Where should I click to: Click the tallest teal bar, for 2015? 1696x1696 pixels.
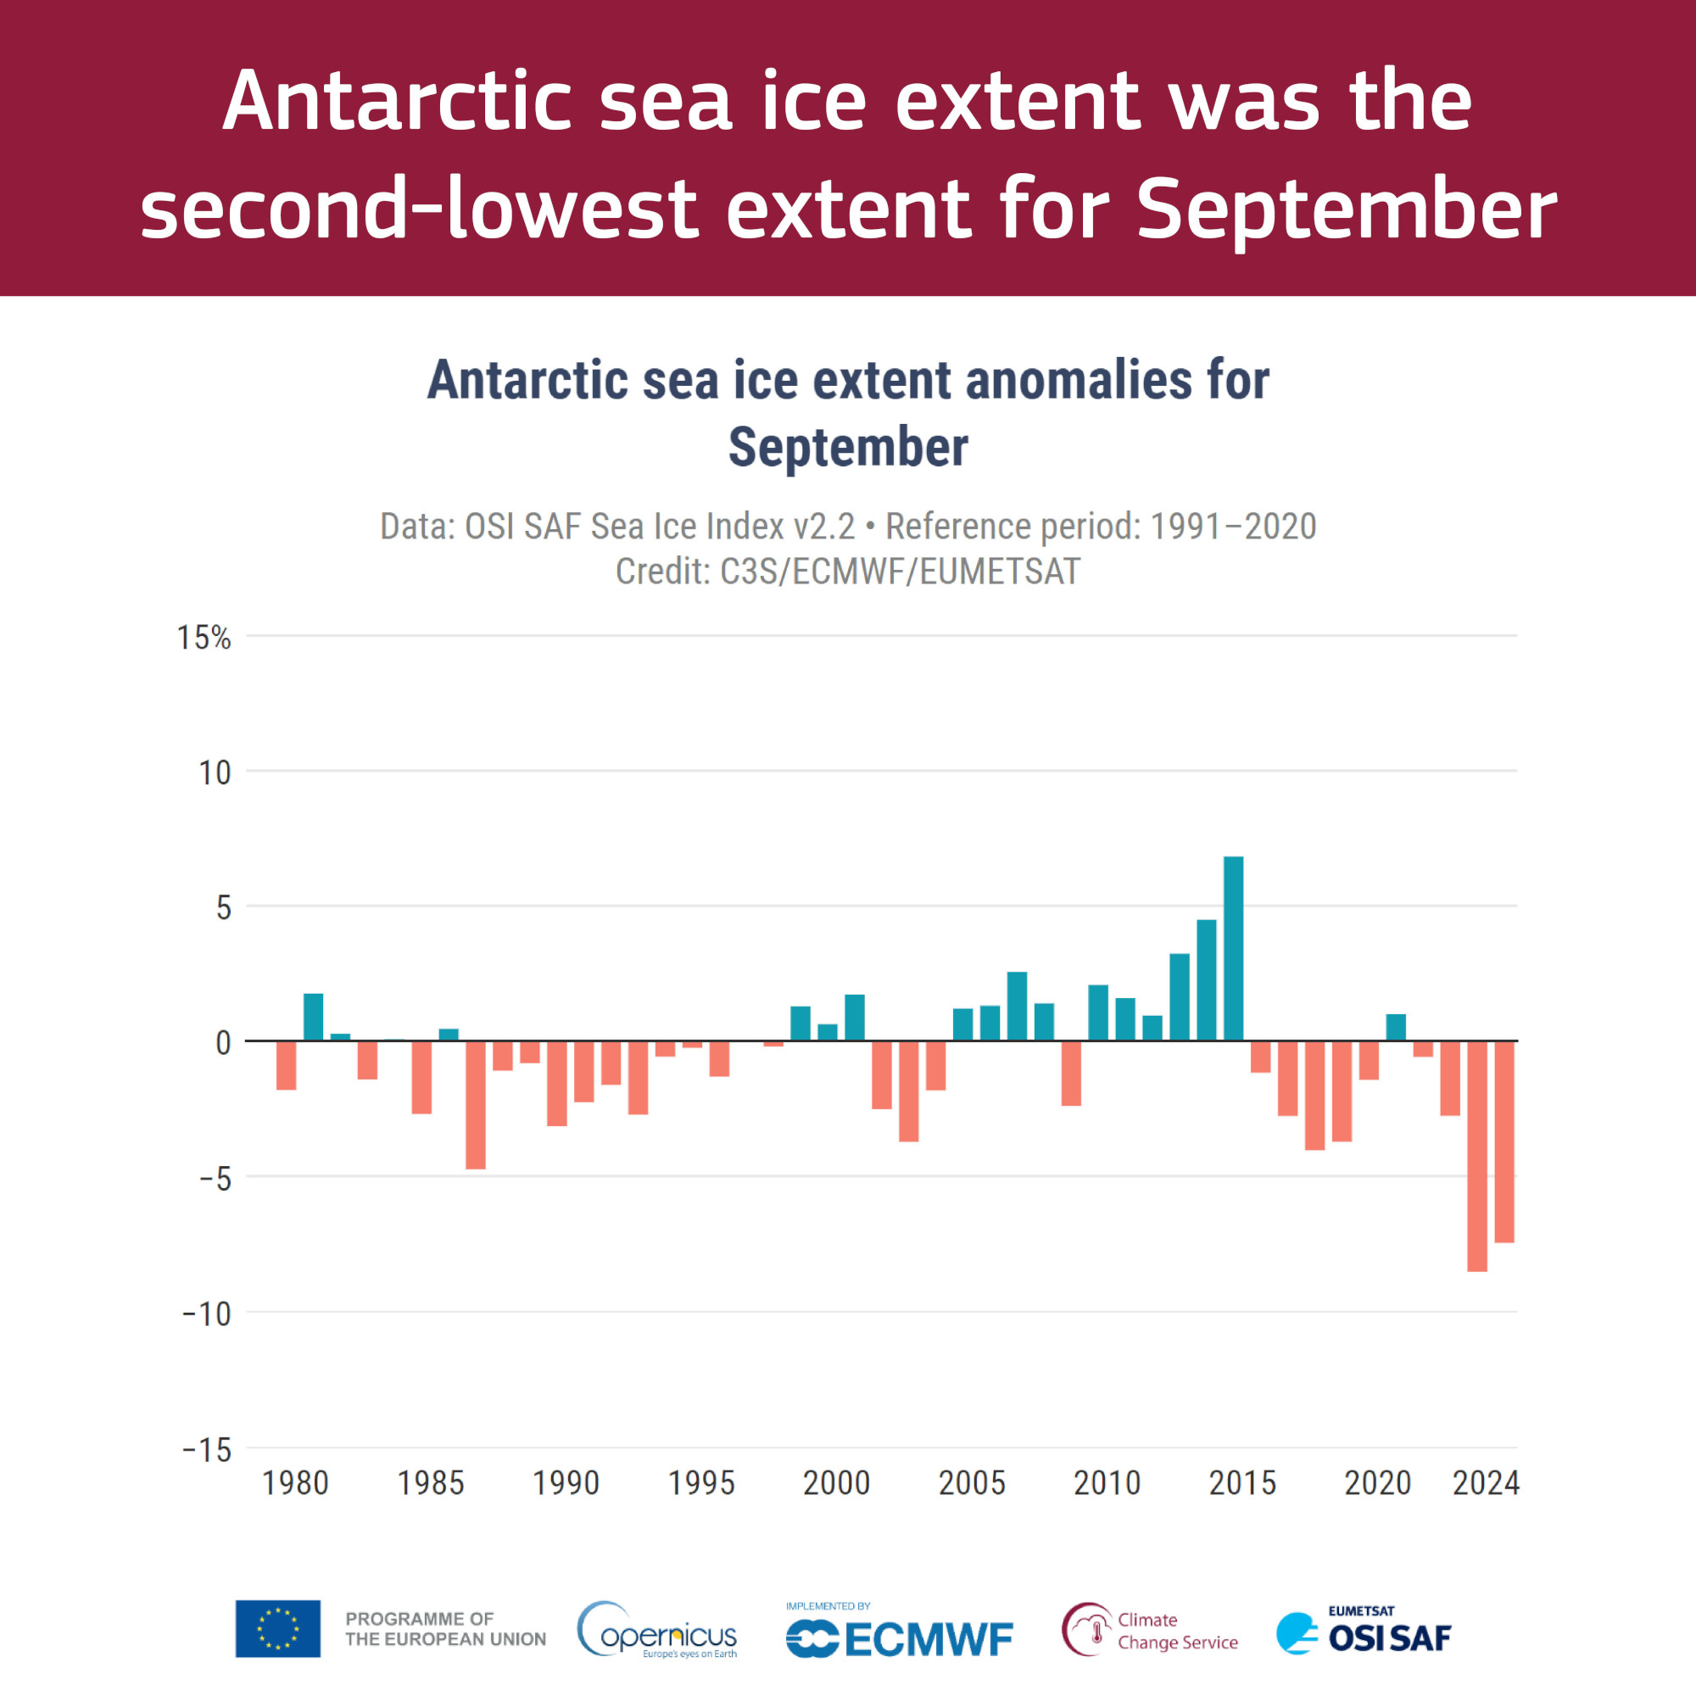(1233, 948)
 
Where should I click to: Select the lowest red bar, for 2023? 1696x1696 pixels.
(1476, 1155)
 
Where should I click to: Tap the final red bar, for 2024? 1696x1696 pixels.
(1504, 1141)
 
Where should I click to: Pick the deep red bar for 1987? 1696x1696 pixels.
(476, 1104)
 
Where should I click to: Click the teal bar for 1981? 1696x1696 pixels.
(314, 1017)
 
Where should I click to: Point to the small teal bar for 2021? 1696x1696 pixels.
(1396, 1027)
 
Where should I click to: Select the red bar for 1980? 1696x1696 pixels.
(286, 1065)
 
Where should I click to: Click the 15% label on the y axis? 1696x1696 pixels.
(204, 639)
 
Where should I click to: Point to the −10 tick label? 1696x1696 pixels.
(207, 1314)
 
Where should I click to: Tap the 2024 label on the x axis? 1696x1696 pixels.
(1486, 1482)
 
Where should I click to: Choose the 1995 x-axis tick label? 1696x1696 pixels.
(701, 1482)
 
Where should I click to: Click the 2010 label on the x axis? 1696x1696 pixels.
(1107, 1482)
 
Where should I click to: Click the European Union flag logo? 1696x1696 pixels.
(277, 1628)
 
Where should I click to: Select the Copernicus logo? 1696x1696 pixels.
(656, 1630)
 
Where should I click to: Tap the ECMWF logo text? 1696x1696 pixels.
(928, 1639)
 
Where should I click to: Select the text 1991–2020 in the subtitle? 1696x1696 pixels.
(1232, 527)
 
